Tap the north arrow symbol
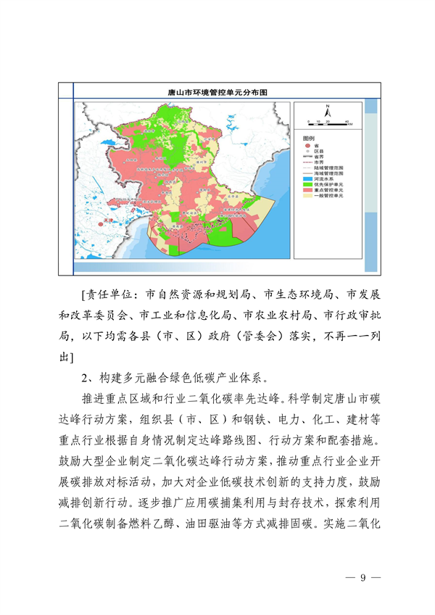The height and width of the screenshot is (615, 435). (x=328, y=111)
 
